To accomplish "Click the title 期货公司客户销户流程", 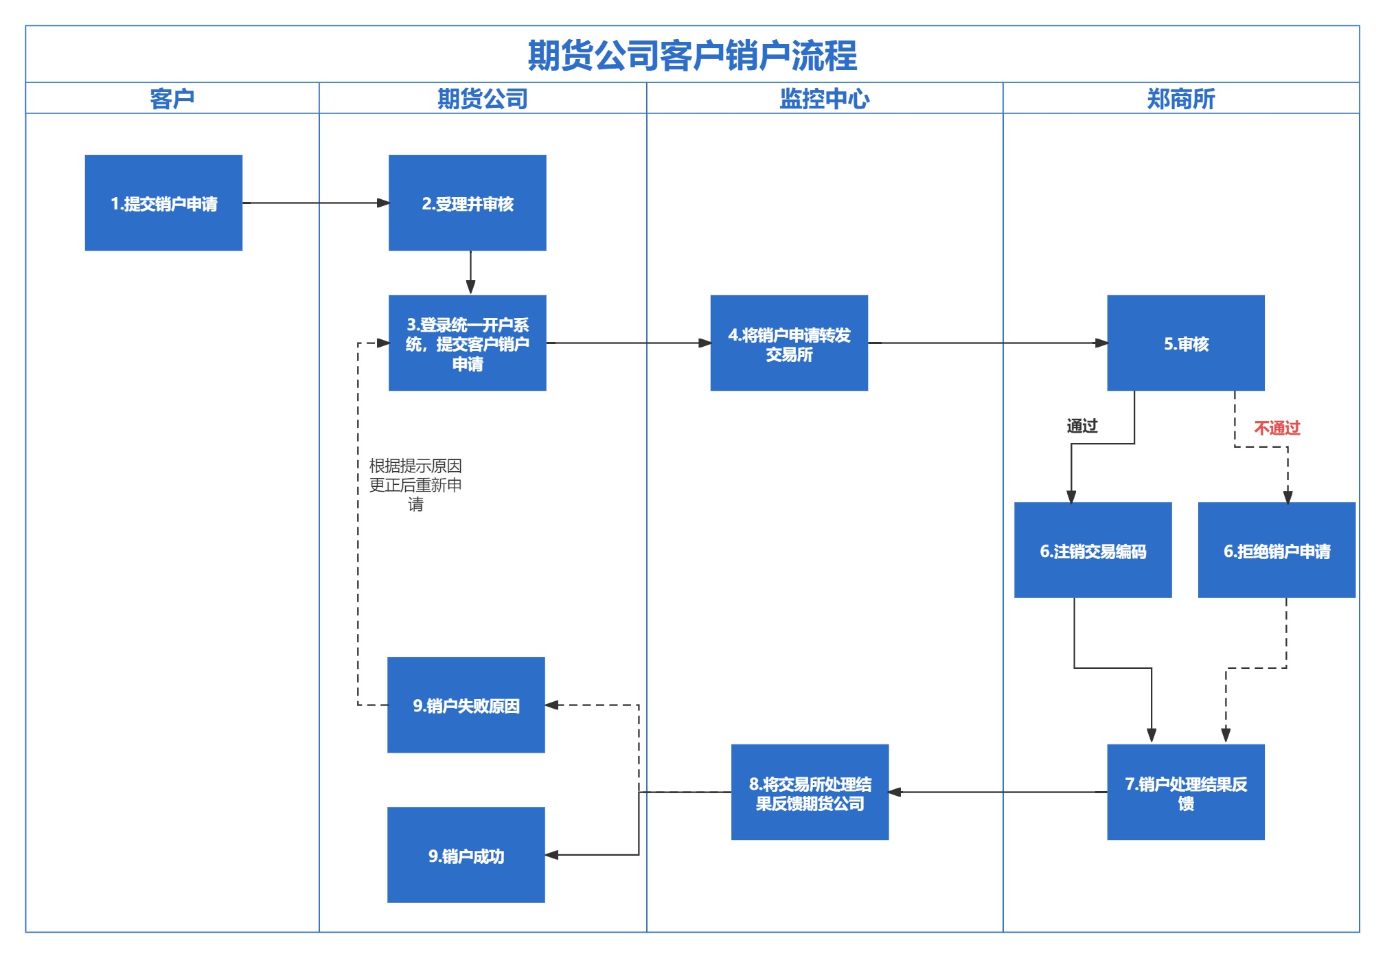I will point(692,56).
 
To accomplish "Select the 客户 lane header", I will point(172,99).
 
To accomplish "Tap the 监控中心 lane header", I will point(824,99).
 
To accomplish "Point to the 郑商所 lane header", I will point(1180,99).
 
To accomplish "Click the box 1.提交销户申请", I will point(163,203).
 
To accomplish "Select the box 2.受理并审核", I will point(467,203).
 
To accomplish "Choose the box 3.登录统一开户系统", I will point(467,343).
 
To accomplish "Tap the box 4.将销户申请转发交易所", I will point(789,343).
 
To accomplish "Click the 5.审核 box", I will point(1185,343).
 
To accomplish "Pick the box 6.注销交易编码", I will point(1092,551).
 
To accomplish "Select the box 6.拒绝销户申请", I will point(1277,551).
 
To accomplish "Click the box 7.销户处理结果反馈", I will point(1185,792).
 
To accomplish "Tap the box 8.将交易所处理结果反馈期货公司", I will point(810,792).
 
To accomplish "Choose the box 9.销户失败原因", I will point(466,705).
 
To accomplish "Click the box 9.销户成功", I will point(466,856).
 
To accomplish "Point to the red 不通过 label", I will point(1277,428).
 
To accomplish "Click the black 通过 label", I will point(1081,426).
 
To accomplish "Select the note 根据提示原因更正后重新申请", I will point(415,485).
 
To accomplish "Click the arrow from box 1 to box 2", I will point(316,203).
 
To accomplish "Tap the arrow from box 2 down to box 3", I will point(470,273).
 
